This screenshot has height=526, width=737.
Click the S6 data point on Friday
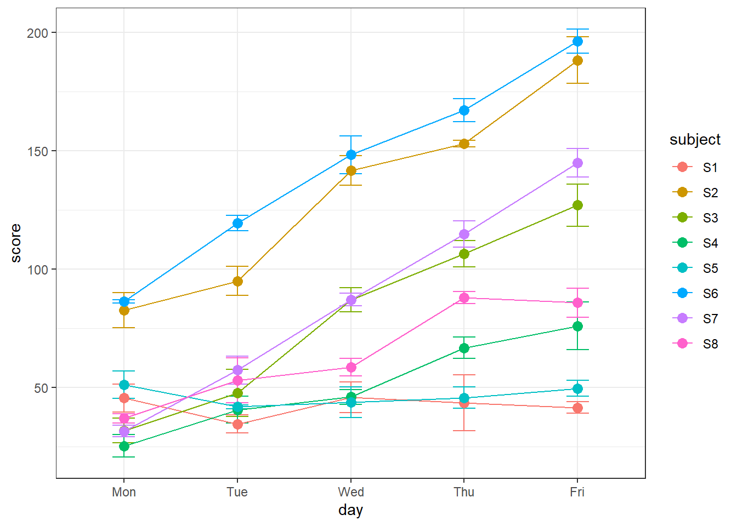tap(577, 42)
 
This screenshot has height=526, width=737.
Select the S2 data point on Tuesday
tap(237, 282)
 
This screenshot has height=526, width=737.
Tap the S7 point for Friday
tap(577, 163)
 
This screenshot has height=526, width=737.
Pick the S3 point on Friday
tap(577, 205)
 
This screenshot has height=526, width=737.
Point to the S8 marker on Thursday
tap(464, 298)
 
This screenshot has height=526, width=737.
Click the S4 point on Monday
tap(124, 447)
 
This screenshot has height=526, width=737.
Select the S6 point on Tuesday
tap(237, 224)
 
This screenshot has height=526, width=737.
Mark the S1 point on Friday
tap(577, 408)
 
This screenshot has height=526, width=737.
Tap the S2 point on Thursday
tap(464, 144)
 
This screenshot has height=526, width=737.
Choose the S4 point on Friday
tap(577, 327)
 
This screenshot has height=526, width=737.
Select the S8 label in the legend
tap(710, 344)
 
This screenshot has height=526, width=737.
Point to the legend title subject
tap(695, 140)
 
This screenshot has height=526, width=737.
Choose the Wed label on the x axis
tap(351, 492)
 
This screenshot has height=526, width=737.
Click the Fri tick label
tap(577, 492)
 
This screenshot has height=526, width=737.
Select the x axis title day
tap(351, 510)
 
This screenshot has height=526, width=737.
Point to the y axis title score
tap(16, 243)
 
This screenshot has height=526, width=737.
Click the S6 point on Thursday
tap(464, 111)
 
